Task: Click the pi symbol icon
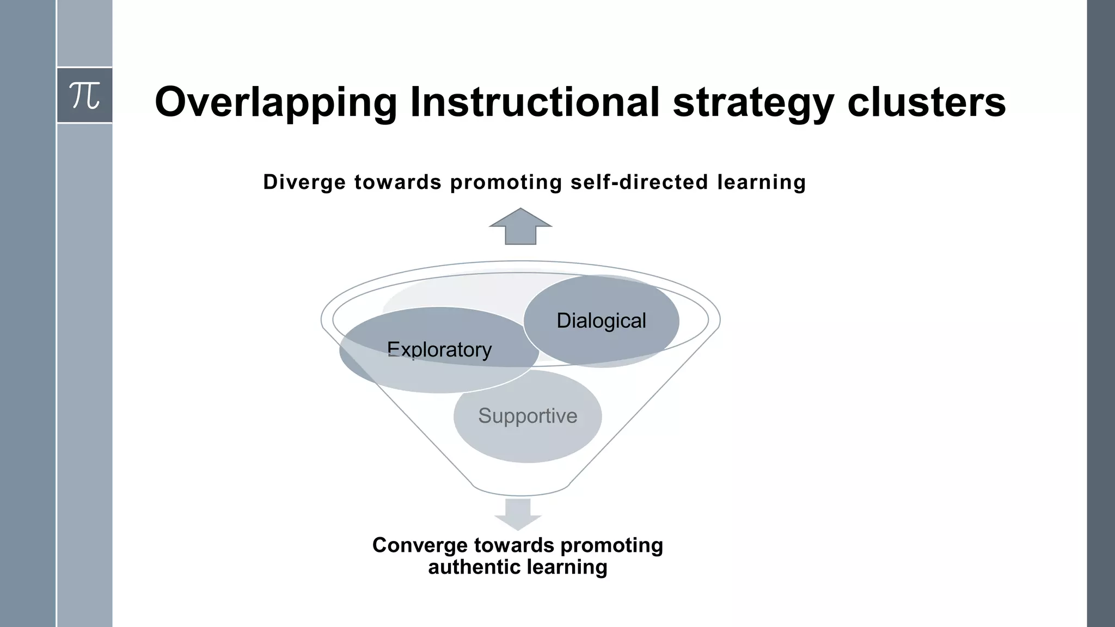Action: pyautogui.click(x=85, y=96)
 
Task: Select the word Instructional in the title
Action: pyautogui.click(x=535, y=102)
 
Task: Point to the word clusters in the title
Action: pyautogui.click(x=926, y=102)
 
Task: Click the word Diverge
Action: pyautogui.click(x=304, y=182)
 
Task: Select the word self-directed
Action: pyautogui.click(x=639, y=182)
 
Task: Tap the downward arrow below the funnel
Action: pyautogui.click(x=518, y=514)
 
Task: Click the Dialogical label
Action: pyautogui.click(x=601, y=321)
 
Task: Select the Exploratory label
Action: pyautogui.click(x=439, y=349)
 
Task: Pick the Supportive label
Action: pyautogui.click(x=528, y=416)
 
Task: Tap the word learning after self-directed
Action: pyautogui.click(x=761, y=182)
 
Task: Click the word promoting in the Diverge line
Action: pyautogui.click(x=506, y=182)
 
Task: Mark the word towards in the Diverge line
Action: pyautogui.click(x=397, y=182)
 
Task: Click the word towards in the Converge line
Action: pyautogui.click(x=514, y=545)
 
